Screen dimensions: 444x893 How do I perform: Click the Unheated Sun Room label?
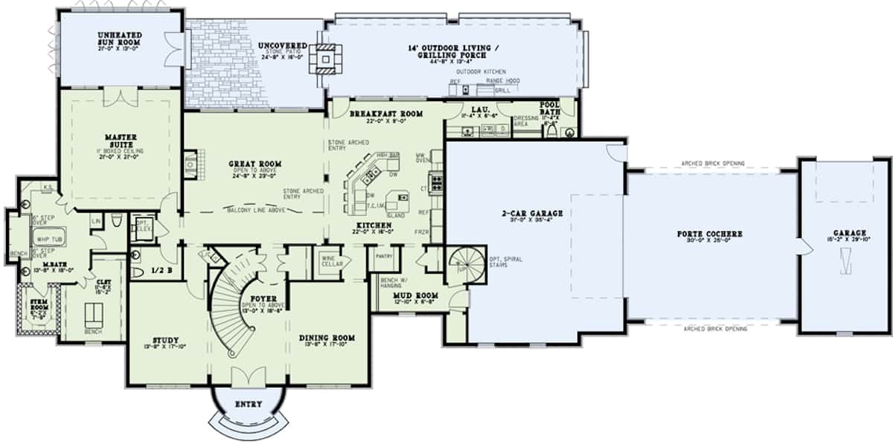[120, 39]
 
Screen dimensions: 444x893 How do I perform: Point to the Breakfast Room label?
[385, 114]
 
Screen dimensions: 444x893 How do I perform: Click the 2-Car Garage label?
[531, 213]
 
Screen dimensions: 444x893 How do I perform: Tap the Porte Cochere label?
[709, 234]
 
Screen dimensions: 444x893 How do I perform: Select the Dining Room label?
[327, 338]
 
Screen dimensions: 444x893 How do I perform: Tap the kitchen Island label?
[395, 212]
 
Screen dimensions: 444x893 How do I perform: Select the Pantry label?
[384, 256]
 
